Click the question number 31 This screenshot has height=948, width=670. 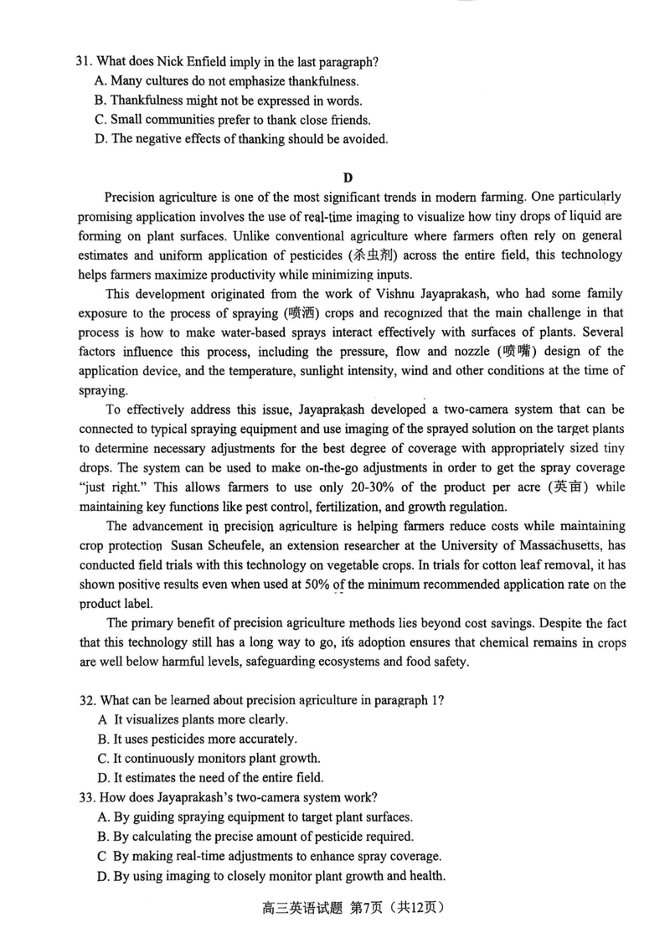pyautogui.click(x=83, y=61)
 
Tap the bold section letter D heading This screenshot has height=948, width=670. pyautogui.click(x=348, y=177)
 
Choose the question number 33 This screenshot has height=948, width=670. pyautogui.click(x=83, y=797)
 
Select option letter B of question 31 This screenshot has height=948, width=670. pyautogui.click(x=101, y=100)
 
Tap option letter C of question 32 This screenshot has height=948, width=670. pyautogui.click(x=101, y=758)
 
